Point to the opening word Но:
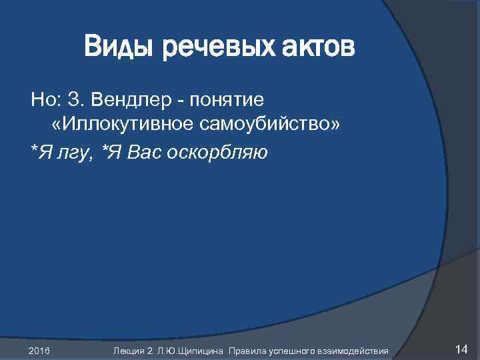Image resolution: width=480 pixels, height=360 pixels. click(x=45, y=100)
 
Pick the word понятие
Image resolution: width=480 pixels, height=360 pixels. click(x=227, y=100)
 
